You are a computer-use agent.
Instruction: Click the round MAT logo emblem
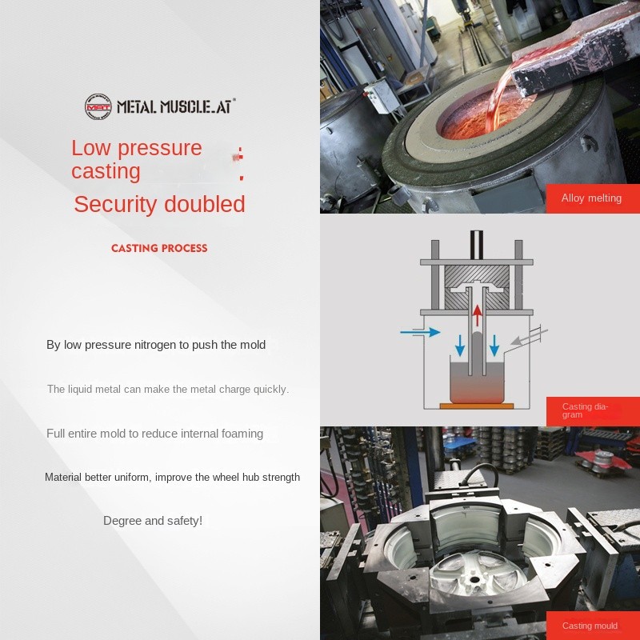(98, 106)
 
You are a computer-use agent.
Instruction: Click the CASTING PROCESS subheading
(159, 248)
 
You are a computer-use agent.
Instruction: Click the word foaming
(242, 434)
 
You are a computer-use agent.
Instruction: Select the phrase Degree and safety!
(153, 521)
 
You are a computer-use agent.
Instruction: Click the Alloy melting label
(591, 198)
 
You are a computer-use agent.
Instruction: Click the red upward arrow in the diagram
(477, 315)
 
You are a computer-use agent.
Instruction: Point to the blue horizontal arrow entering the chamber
(420, 332)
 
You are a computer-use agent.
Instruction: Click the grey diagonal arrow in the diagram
(529, 335)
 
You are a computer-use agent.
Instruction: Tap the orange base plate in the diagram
(477, 406)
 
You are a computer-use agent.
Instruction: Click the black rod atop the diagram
(477, 245)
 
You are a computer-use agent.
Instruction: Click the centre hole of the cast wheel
(474, 579)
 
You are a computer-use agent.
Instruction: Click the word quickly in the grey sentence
(271, 390)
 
